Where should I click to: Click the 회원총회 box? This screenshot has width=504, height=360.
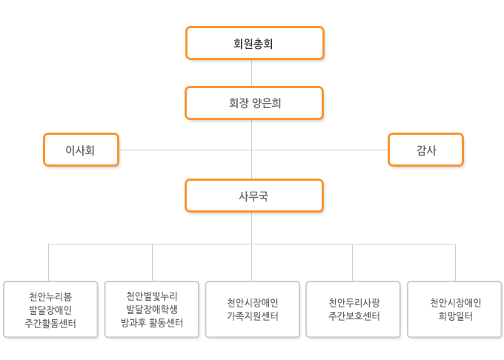coord(254,43)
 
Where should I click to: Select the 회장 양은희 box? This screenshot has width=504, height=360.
coord(254,103)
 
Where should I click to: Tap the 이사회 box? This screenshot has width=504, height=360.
coord(81,150)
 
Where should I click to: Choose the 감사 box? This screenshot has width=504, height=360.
coord(425,150)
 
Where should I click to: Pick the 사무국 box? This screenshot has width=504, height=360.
coord(254,196)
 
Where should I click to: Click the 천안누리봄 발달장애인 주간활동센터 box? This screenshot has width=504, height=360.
coord(50,310)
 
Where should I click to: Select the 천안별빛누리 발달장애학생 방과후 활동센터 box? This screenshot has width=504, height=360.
coord(152,310)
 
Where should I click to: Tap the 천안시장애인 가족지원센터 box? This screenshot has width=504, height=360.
coord(252,310)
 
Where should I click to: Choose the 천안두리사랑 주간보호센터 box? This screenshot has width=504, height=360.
coord(354,310)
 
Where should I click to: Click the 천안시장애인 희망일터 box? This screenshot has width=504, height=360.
coord(454,310)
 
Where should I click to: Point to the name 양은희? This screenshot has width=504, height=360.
coord(267,103)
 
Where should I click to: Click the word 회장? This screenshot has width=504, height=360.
coord(239,103)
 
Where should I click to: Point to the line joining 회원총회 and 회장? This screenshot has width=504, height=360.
coord(252,73)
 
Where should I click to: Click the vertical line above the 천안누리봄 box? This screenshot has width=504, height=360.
coord(48,263)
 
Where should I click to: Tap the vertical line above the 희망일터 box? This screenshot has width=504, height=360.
coord(456,263)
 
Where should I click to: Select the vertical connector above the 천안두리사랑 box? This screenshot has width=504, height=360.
coord(352,263)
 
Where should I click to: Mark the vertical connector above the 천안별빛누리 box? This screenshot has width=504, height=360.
coord(153,263)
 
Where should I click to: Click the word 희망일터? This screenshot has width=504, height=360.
coord(456,316)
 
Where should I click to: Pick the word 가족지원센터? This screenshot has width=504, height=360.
coord(252,316)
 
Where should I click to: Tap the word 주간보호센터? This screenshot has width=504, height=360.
coord(354,316)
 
